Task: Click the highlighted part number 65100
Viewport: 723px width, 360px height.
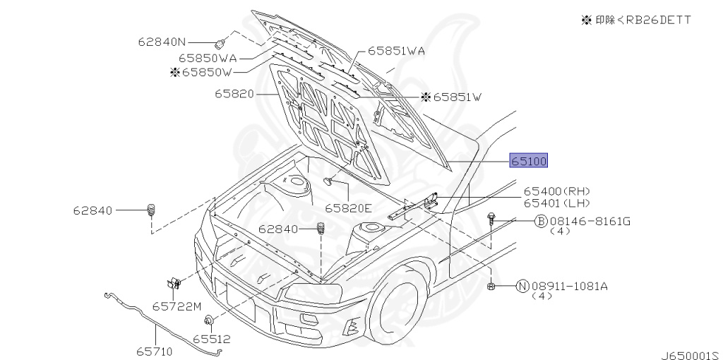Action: click(529, 161)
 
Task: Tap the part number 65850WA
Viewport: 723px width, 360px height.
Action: click(207, 58)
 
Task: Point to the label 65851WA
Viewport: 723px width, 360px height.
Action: click(395, 52)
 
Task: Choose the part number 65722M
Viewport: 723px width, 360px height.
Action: click(177, 306)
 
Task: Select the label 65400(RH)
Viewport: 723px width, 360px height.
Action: click(556, 191)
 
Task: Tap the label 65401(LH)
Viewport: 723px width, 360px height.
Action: click(556, 203)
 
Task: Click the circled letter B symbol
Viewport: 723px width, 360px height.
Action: click(541, 221)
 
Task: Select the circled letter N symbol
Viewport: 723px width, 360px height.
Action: click(522, 286)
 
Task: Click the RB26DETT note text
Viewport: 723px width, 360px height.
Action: click(635, 20)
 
